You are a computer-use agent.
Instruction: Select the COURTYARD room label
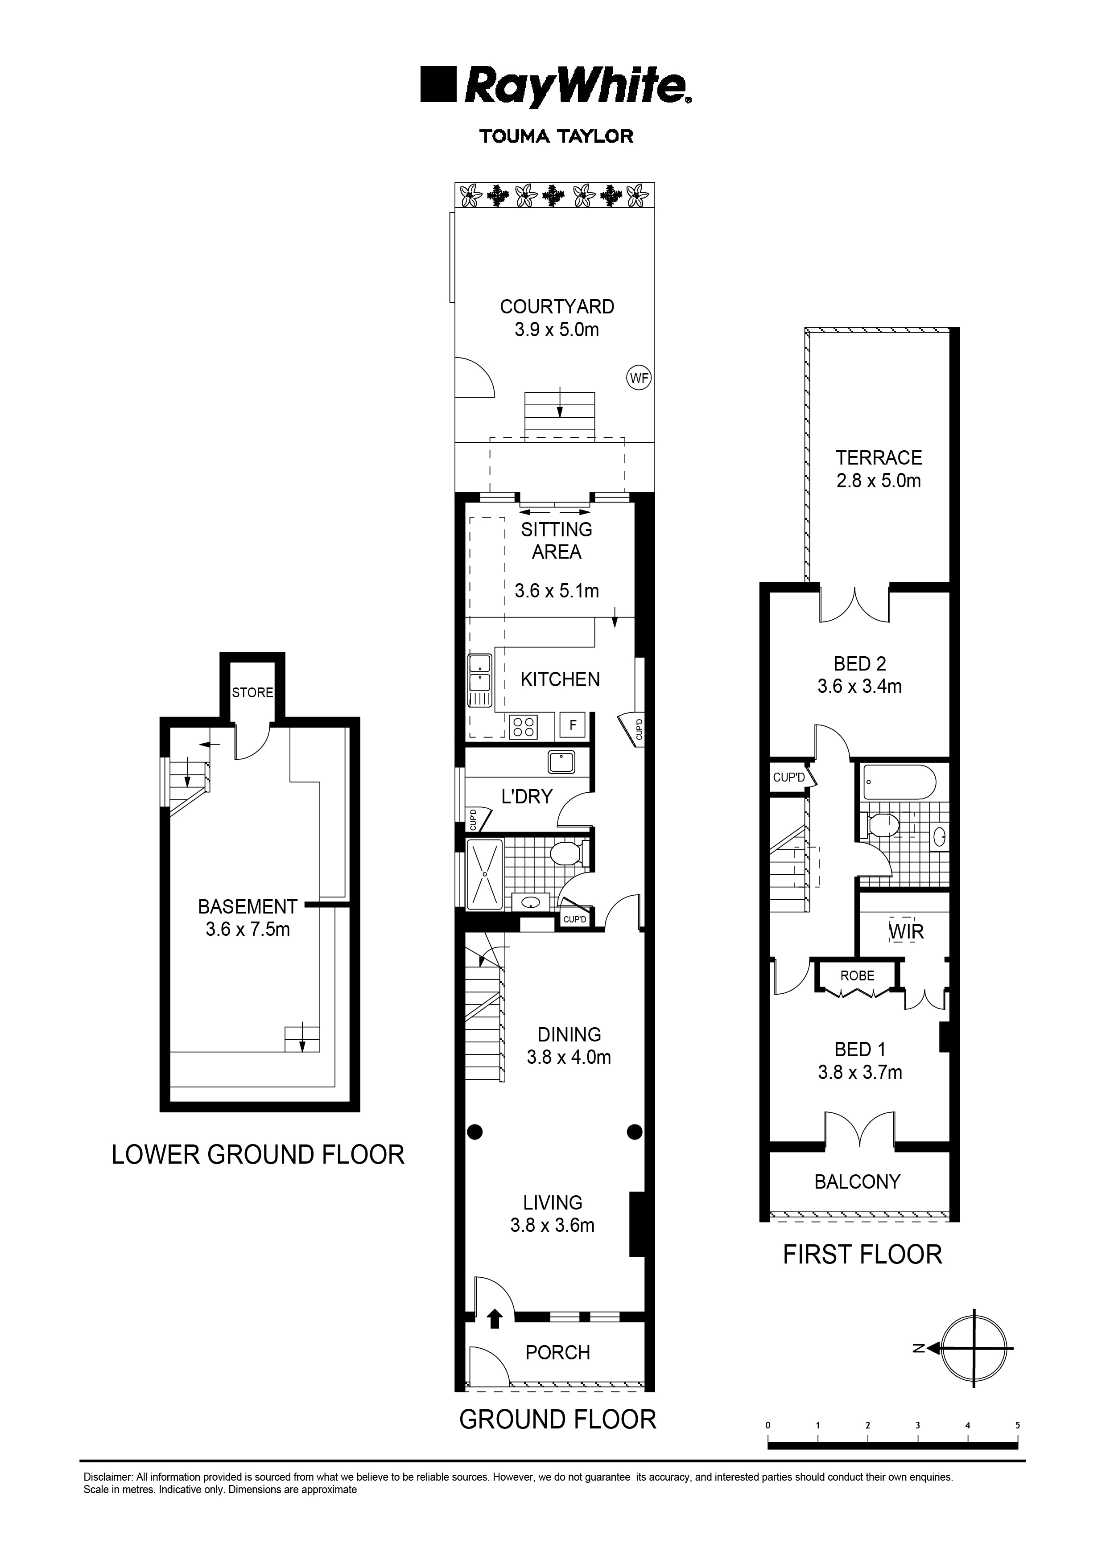click(x=557, y=307)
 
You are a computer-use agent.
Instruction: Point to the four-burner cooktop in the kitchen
click(x=524, y=726)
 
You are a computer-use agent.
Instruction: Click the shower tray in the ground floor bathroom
click(x=484, y=873)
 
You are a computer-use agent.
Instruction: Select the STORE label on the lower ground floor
click(x=252, y=693)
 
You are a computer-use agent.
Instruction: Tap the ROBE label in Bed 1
click(x=857, y=976)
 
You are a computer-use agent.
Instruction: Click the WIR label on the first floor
click(x=906, y=931)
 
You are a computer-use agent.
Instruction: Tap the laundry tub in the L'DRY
click(x=561, y=763)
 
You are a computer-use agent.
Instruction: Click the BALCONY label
click(x=857, y=1181)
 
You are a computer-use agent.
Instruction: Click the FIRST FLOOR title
click(x=861, y=1254)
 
